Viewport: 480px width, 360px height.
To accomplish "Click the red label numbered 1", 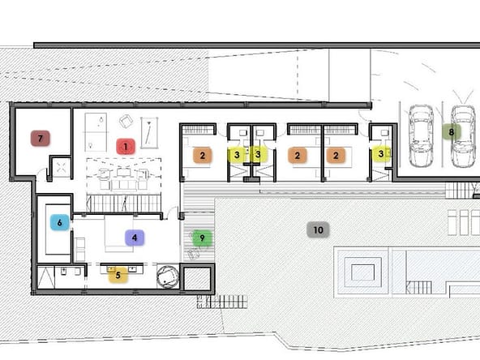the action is point(126,147).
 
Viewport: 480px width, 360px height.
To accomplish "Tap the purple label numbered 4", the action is point(135,238).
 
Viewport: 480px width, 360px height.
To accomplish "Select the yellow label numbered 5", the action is point(118,275).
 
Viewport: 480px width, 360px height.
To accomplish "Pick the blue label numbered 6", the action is point(60,222).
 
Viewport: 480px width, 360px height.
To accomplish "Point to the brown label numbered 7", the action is point(40,139).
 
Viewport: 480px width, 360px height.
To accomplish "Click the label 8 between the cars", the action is point(451,132).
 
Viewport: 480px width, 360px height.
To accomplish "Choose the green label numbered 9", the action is point(202,238).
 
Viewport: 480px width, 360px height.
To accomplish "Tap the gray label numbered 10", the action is point(318,229).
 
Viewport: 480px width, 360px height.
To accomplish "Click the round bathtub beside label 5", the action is point(168,276).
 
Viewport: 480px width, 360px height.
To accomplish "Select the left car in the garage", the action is point(421,136).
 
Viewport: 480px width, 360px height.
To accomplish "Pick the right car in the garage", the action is point(463,136).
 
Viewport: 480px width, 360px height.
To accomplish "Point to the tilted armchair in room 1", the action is point(126,122).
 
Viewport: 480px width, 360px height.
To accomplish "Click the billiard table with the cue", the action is point(149,134).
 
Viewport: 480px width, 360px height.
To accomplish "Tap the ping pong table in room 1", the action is point(96,132).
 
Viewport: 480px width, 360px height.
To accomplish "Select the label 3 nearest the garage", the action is point(380,154).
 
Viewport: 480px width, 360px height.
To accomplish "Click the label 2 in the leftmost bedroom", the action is point(202,156).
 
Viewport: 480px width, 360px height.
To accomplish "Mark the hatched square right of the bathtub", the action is point(197,279).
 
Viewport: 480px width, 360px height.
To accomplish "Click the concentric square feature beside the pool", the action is point(362,272).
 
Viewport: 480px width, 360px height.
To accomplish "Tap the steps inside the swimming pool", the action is point(419,288).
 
